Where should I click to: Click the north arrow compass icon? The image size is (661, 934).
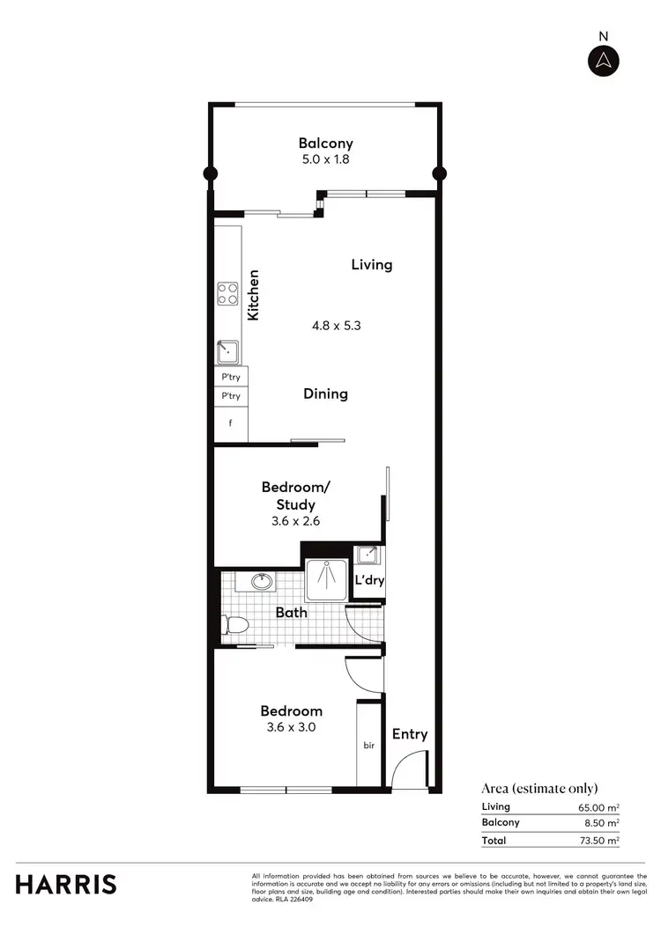(x=604, y=60)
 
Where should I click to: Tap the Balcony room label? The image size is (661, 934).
(x=325, y=143)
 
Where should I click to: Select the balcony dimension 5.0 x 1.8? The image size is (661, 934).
(x=325, y=160)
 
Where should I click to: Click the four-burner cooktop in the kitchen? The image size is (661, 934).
(x=228, y=293)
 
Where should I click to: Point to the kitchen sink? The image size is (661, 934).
(x=228, y=353)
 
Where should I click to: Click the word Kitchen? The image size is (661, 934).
(x=253, y=295)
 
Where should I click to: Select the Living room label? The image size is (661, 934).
(x=371, y=264)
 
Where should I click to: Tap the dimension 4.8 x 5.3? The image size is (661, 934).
(x=337, y=325)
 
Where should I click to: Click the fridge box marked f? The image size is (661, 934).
(x=231, y=422)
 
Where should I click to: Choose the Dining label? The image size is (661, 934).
(x=325, y=393)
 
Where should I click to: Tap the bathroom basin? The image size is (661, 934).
(x=261, y=582)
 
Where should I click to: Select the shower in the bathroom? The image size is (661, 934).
(x=326, y=577)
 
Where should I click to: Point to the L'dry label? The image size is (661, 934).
(x=368, y=581)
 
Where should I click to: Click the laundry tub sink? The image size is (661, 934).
(x=368, y=555)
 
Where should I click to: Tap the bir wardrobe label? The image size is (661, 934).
(x=369, y=746)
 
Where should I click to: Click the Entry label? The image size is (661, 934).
(x=409, y=734)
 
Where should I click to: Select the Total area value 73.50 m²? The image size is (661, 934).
(x=599, y=841)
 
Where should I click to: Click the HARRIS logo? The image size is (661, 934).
(x=66, y=884)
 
